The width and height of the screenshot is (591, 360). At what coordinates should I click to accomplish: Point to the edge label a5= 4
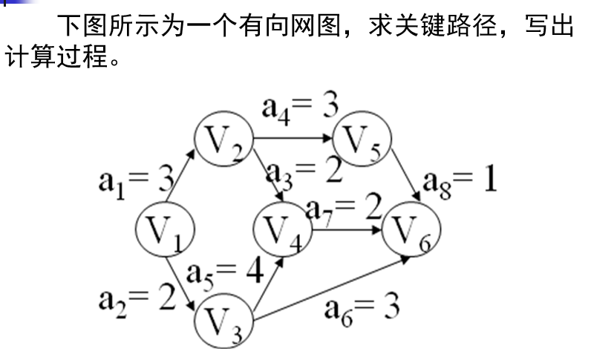[225, 273]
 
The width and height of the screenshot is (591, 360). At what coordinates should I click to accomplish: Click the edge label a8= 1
[460, 180]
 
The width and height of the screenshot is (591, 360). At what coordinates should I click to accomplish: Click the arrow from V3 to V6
[334, 290]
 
